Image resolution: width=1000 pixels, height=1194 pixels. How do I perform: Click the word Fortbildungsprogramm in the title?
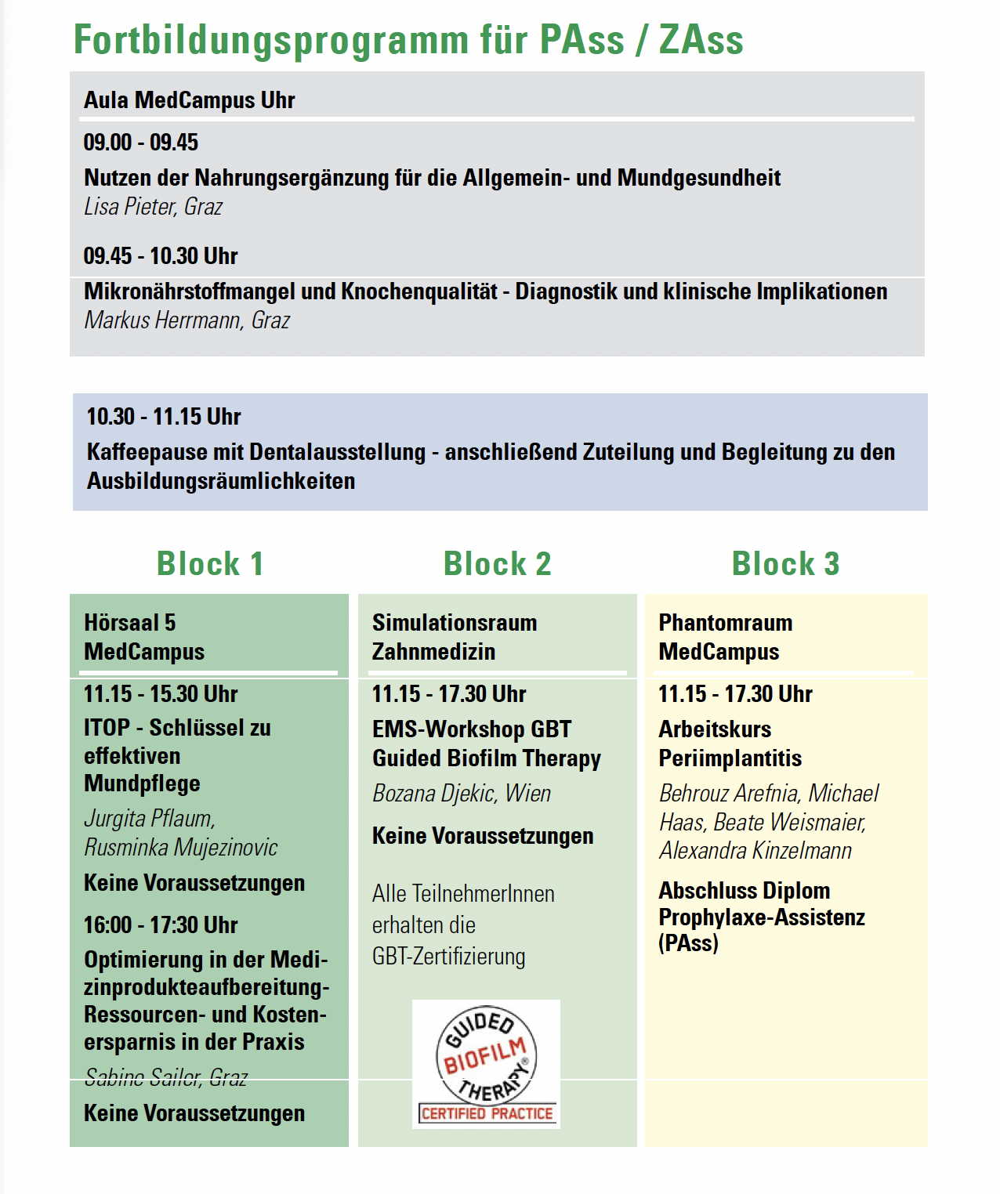(270, 41)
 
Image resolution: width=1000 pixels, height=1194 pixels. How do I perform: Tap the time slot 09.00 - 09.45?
(141, 143)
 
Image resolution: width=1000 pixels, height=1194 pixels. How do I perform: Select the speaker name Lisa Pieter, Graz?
(153, 207)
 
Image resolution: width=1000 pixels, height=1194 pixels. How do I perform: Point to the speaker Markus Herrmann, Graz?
(187, 320)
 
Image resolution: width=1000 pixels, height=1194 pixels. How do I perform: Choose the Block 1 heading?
(210, 564)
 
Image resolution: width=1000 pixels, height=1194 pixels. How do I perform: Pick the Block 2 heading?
(498, 564)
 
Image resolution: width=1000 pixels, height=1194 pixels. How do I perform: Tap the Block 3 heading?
(785, 564)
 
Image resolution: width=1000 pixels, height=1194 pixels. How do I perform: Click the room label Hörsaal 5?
(130, 623)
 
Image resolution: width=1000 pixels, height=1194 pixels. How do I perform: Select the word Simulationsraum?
(455, 623)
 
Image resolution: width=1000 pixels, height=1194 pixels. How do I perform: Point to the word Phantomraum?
(726, 623)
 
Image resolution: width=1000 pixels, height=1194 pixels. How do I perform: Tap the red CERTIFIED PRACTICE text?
(487, 1113)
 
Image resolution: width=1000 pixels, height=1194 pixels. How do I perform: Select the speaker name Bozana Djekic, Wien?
(462, 794)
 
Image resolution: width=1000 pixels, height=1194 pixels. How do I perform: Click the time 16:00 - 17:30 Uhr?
(161, 925)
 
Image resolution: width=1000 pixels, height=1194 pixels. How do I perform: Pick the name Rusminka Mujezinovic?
(181, 848)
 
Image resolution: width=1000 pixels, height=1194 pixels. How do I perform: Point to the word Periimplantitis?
(730, 758)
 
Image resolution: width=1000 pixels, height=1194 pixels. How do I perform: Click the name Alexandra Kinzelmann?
(755, 851)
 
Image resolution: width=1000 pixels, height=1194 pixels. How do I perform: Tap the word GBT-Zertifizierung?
(449, 957)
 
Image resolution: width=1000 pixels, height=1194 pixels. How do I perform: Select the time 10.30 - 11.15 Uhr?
(164, 417)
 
